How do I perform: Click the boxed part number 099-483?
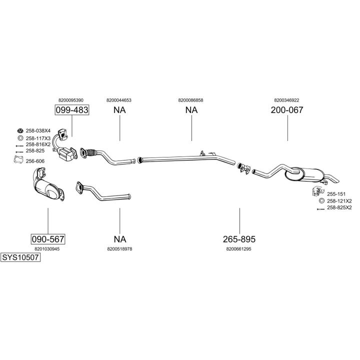[71, 110]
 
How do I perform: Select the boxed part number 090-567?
[47, 239]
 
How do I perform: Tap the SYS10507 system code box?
[20, 257]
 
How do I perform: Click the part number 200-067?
[287, 110]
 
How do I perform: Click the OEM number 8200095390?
[71, 100]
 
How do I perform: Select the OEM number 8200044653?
[119, 100]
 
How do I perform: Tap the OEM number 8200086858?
[190, 100]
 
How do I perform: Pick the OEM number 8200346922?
[286, 100]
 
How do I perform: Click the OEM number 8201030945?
[47, 248]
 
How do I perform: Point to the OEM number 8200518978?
[119, 248]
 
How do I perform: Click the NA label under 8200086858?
[191, 110]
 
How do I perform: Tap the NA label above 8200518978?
[119, 239]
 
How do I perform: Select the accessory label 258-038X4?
[38, 131]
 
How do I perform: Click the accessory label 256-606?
[35, 161]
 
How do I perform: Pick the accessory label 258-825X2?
[339, 207]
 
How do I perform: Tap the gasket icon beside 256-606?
[18, 161]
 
